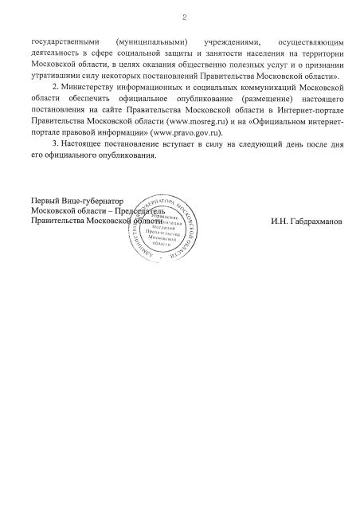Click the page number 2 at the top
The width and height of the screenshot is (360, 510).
(182, 17)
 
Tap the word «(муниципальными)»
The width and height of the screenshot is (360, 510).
(151, 40)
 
